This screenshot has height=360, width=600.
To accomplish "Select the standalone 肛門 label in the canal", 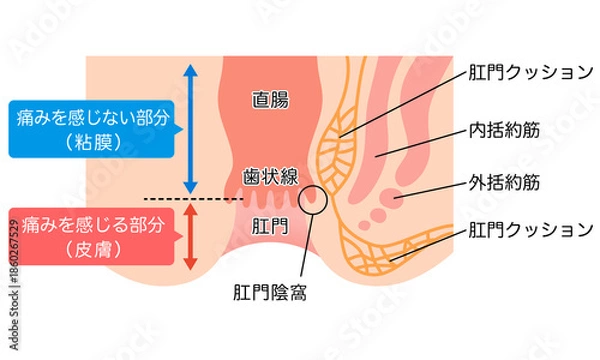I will coord(269,226).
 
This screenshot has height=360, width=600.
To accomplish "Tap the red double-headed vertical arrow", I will coord(190,236).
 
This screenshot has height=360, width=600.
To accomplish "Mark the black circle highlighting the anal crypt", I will coord(314,199).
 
